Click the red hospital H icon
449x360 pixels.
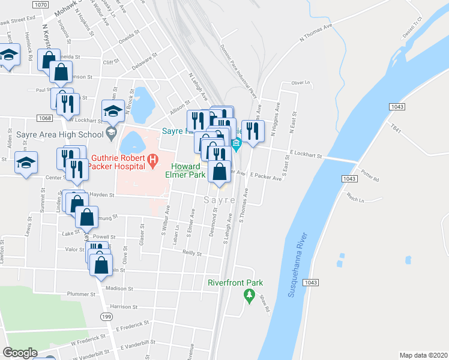click(x=153, y=160)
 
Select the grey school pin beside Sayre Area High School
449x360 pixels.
click(x=111, y=133)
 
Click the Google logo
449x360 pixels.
click(x=20, y=353)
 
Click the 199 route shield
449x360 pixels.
click(x=107, y=317)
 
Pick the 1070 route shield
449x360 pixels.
click(x=41, y=5)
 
